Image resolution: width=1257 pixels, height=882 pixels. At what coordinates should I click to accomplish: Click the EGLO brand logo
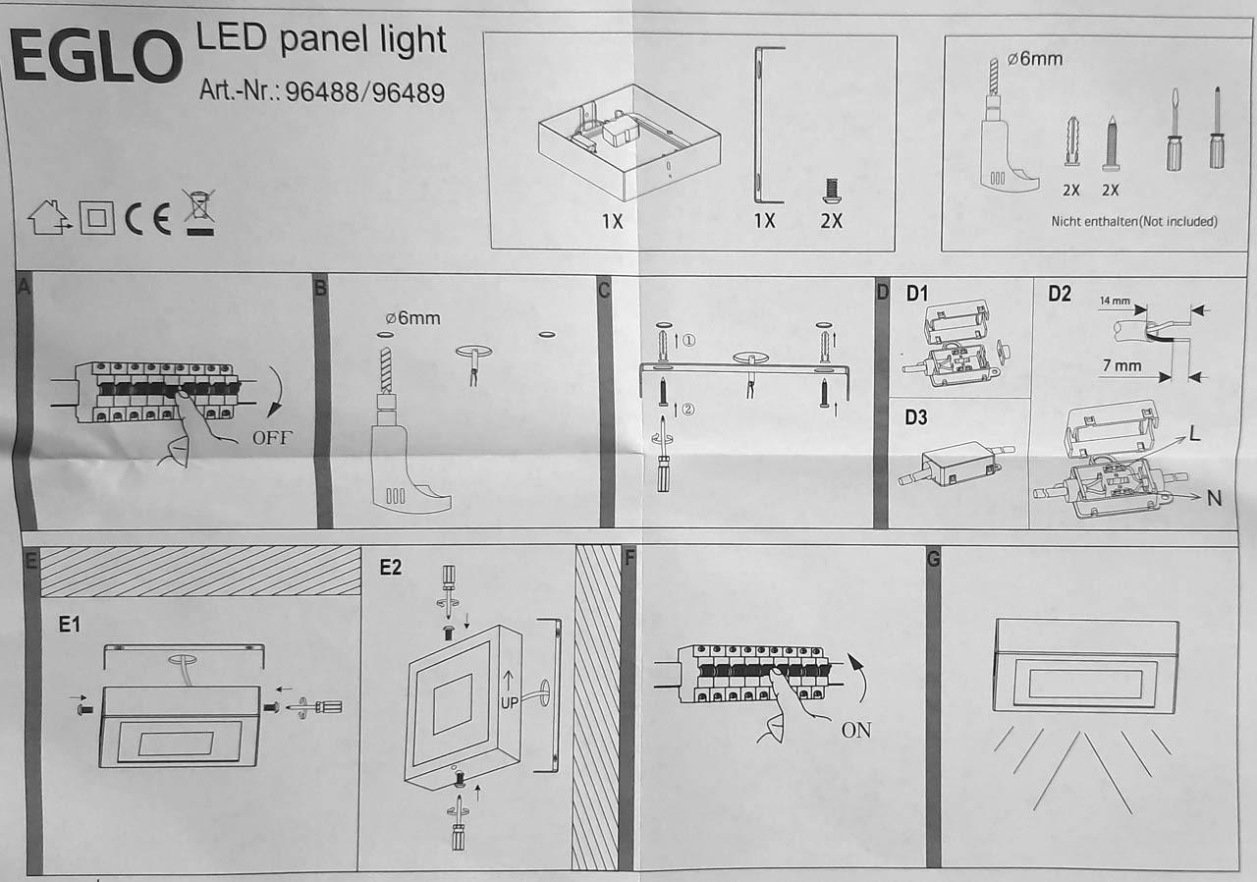[x=95, y=56]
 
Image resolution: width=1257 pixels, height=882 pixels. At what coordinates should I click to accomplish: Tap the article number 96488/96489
[x=365, y=92]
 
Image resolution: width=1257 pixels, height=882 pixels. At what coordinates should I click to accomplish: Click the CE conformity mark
[x=148, y=219]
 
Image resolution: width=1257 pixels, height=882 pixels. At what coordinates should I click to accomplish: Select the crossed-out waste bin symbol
[x=199, y=212]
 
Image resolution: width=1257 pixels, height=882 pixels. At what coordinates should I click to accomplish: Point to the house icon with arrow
[x=49, y=217]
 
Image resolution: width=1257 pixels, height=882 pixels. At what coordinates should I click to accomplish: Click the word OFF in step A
[x=273, y=438]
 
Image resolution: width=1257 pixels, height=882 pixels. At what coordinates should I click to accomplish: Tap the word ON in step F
[x=856, y=730]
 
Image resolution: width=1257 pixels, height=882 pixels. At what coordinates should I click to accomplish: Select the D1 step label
[x=917, y=293]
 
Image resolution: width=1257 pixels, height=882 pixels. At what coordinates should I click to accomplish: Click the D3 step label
[x=916, y=417]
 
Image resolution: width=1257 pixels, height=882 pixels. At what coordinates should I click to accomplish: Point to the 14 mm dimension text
[x=1115, y=301]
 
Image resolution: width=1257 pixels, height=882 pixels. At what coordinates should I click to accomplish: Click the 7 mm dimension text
[x=1121, y=365]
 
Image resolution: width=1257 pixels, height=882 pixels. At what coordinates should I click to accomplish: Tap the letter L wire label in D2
[x=1194, y=433]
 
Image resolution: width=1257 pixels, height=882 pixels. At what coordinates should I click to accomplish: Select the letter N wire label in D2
[x=1215, y=498]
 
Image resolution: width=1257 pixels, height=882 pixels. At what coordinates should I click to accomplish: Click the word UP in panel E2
[x=509, y=703]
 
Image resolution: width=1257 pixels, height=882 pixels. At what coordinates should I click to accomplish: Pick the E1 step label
[x=70, y=625]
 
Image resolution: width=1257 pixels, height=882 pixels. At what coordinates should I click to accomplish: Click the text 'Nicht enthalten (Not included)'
[x=1134, y=222]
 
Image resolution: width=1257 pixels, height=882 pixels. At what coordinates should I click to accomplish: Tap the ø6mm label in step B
[x=413, y=318]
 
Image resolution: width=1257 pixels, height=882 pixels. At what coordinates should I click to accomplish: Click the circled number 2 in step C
[x=688, y=409]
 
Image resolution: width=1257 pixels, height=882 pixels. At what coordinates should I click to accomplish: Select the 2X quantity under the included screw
[x=831, y=221]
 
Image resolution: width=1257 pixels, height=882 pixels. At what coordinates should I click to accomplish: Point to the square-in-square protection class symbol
[x=97, y=218]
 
